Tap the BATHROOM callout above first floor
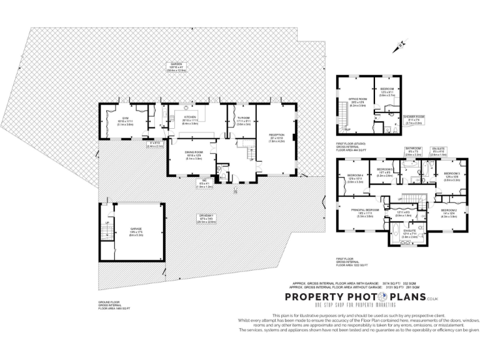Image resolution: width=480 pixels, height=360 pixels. click(x=413, y=152)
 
